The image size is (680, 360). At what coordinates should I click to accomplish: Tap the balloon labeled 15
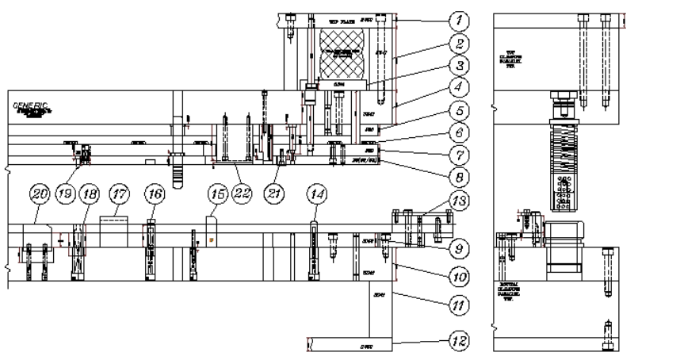tap(217, 193)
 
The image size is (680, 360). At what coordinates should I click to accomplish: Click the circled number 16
tap(155, 193)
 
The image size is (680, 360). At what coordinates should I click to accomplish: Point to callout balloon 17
tap(119, 193)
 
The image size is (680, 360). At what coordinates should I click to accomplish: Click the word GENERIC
tap(30, 105)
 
